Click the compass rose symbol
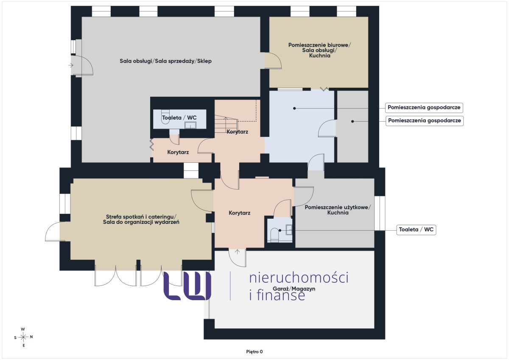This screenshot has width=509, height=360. click(23, 337)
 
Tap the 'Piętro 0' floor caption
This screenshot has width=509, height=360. click(254, 352)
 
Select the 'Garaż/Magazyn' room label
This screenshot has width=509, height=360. click(294, 289)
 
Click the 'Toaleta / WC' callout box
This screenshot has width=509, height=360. click(416, 230)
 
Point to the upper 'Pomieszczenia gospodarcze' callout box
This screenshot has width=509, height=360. click(424, 107)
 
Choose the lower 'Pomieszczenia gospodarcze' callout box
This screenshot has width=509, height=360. click(425, 120)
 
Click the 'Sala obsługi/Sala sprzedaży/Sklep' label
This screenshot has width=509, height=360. click(166, 61)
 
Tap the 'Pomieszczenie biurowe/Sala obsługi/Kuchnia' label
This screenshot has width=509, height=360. click(319, 50)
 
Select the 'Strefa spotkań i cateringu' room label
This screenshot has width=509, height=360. click(141, 217)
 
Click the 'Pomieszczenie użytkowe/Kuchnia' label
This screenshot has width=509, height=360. click(338, 210)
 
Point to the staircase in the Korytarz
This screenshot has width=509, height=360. click(226, 124)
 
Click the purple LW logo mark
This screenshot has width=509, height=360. click(187, 286)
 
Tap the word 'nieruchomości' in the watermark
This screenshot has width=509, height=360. click(299, 278)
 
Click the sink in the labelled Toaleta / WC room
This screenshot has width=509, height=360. click(190, 125)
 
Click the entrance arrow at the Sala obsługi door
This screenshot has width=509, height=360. click(71, 65)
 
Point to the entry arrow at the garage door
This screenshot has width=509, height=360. click(237, 251)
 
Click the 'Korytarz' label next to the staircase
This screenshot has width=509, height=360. click(237, 132)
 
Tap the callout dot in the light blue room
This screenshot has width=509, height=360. click(294, 109)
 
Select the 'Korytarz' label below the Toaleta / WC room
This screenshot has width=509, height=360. click(178, 152)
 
